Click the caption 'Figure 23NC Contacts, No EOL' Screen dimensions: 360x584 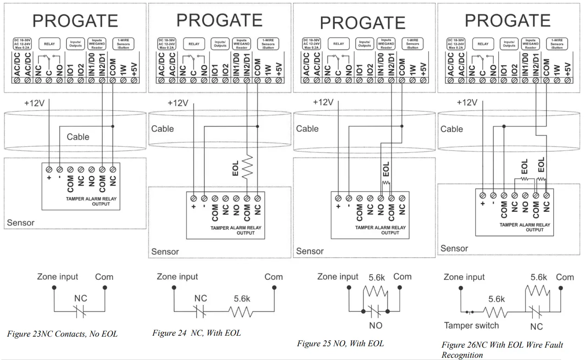[62, 334]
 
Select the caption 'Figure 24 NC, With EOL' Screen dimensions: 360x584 [197, 333]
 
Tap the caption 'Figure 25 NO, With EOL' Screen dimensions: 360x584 [340, 343]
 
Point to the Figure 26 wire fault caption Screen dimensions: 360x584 [502, 349]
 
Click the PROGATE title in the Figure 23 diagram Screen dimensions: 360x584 [75, 21]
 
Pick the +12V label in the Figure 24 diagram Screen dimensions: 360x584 [178, 103]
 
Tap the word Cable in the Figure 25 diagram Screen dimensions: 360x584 [307, 129]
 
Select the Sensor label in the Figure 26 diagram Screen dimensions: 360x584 [454, 249]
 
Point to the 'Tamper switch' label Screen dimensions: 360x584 [472, 326]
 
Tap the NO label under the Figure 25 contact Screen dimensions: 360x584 [375, 326]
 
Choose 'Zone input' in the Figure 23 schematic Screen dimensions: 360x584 [58, 277]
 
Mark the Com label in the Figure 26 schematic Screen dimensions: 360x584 [565, 277]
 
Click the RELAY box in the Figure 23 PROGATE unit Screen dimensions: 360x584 [49, 44]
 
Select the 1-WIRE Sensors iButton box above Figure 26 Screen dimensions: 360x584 [557, 44]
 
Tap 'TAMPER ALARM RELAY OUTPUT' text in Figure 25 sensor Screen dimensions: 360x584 [380, 230]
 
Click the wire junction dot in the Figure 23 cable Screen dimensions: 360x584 [113, 125]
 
